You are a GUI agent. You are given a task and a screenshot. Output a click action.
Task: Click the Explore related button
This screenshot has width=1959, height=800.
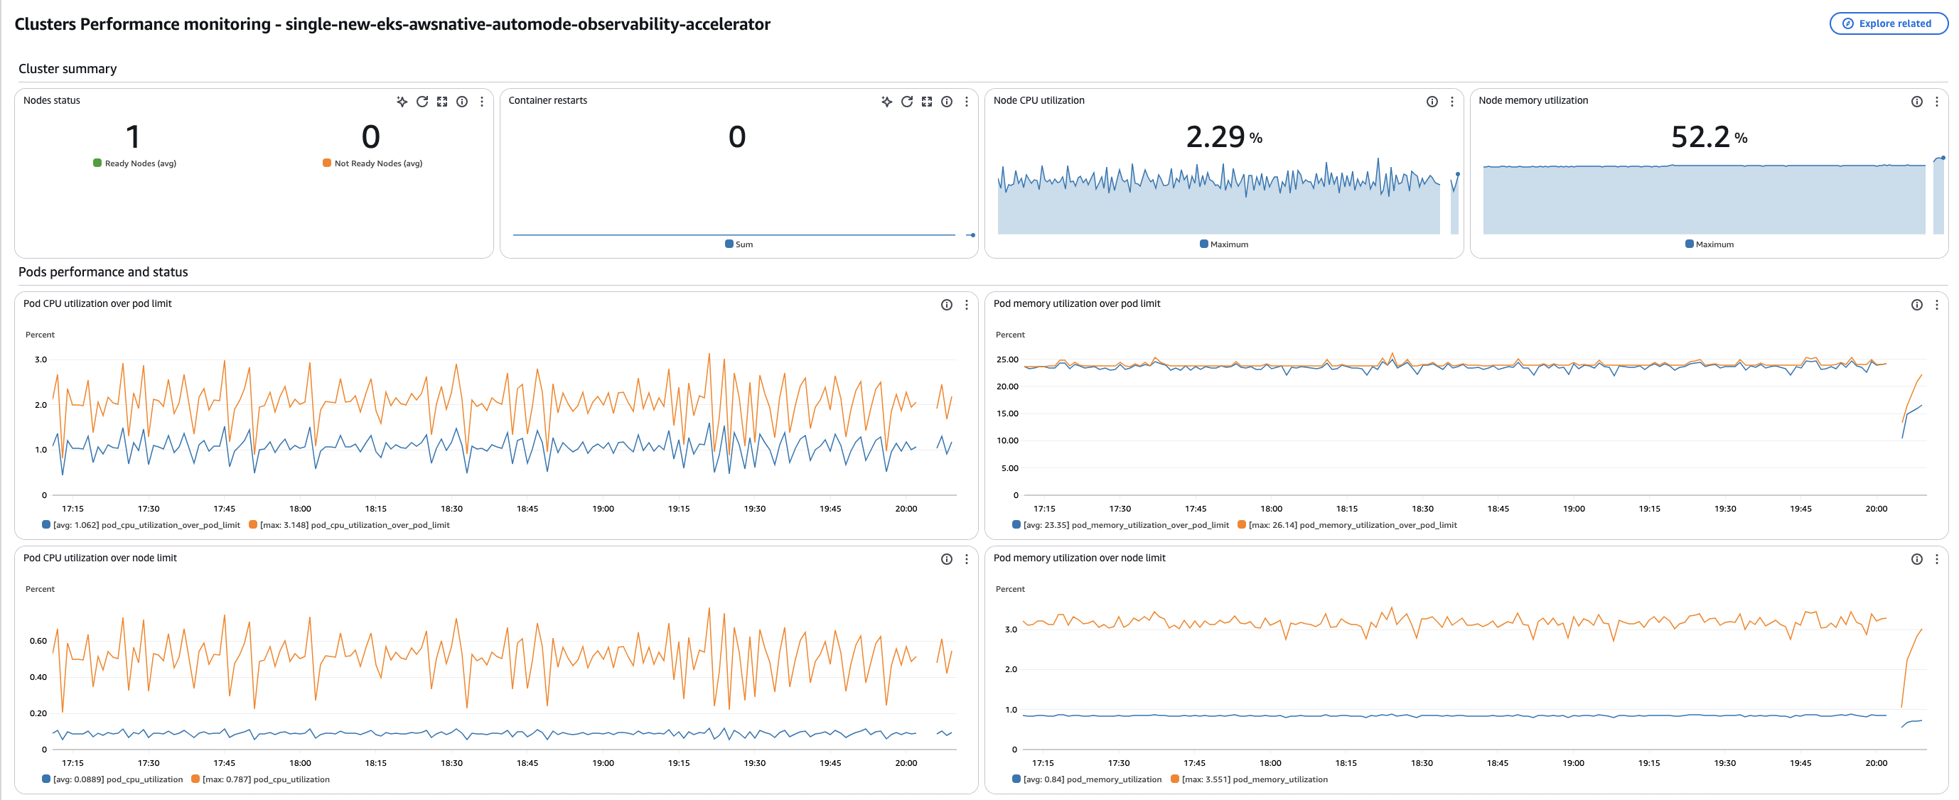(1889, 23)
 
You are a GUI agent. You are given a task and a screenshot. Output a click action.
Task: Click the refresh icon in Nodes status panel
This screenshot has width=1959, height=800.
(422, 101)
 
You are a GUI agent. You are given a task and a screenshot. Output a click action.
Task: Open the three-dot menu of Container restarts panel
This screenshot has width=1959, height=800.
(966, 101)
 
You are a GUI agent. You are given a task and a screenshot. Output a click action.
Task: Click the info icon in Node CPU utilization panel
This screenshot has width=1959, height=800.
(1432, 101)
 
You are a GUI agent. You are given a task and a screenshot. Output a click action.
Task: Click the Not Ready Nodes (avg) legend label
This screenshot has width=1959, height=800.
(378, 163)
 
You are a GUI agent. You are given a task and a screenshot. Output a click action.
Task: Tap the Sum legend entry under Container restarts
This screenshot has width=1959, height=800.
(743, 244)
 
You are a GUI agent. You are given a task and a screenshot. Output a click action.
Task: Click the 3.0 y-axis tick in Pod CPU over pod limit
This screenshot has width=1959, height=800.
(41, 360)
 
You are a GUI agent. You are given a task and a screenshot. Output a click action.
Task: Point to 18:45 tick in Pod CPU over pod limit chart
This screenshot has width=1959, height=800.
(527, 509)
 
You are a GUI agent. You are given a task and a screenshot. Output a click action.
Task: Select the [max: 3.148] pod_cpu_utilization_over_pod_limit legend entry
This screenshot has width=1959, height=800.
(353, 525)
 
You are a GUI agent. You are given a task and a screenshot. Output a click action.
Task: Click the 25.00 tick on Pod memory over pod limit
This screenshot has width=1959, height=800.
(1007, 360)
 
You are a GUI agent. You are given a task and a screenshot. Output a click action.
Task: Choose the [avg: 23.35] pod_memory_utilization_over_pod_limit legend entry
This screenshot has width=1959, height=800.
(1125, 525)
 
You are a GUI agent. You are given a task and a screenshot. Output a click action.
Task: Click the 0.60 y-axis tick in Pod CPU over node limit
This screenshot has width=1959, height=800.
(38, 641)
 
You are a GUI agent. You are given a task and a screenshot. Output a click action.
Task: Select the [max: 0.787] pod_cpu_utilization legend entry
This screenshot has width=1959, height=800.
(265, 779)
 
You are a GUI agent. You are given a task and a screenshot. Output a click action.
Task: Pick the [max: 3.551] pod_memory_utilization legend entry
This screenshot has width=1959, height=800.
(1254, 779)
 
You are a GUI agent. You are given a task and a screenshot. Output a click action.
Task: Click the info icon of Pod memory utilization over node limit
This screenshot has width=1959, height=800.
(1916, 559)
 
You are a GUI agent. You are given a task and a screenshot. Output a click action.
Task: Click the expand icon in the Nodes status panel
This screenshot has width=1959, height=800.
(442, 101)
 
